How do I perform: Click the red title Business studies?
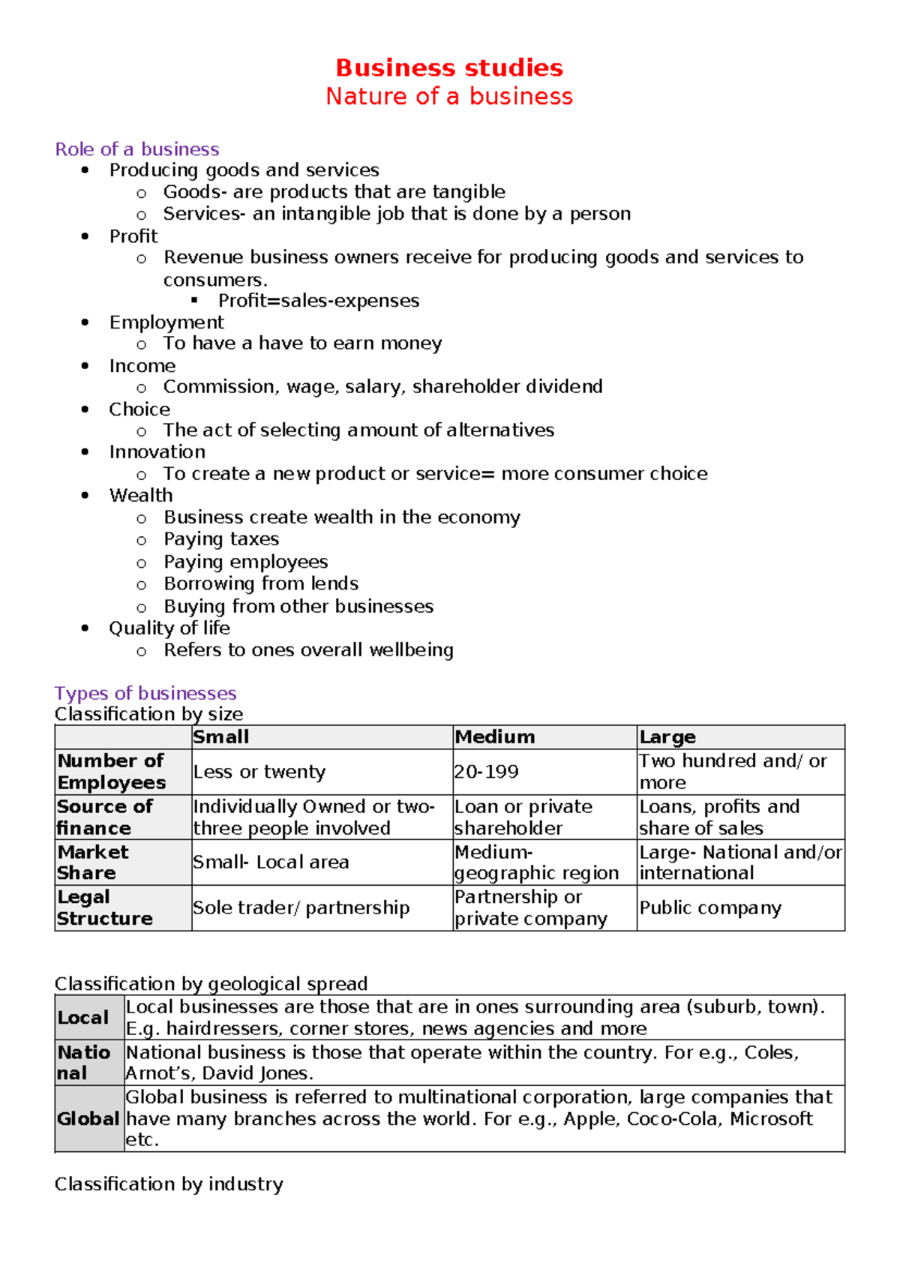(449, 67)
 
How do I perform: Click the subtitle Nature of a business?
(449, 96)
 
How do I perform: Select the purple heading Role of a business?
(137, 149)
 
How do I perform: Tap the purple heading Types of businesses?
(145, 693)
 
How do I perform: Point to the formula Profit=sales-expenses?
(319, 301)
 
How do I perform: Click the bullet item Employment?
(166, 322)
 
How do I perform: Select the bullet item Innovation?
(157, 452)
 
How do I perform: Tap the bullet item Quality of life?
(169, 628)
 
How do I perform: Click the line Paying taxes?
(221, 539)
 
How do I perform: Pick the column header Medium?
(495, 737)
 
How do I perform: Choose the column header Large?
(667, 737)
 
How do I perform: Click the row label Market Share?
(93, 862)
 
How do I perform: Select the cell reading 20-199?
(486, 772)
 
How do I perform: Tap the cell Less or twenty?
(259, 772)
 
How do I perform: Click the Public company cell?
(710, 908)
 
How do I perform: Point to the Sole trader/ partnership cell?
(301, 908)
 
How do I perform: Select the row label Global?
(88, 1119)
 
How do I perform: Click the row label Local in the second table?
(83, 1018)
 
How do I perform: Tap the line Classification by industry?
(169, 1184)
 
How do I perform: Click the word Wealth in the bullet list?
(141, 496)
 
